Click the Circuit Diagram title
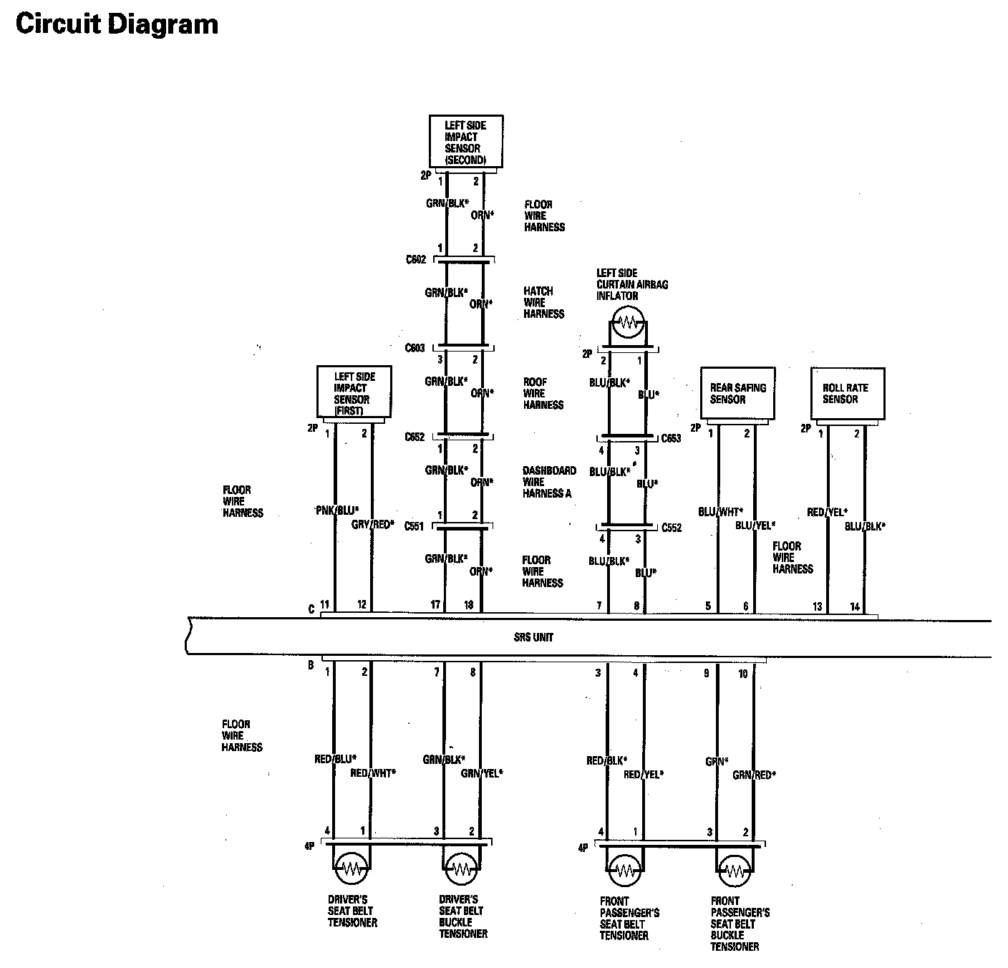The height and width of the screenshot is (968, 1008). tap(117, 24)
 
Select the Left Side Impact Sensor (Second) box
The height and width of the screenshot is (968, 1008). tap(465, 142)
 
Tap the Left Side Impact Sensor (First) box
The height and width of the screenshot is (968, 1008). tap(354, 392)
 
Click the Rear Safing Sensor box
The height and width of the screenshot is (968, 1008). tap(737, 393)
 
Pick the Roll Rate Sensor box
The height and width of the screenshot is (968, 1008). tap(847, 393)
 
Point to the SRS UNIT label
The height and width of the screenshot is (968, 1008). tap(533, 637)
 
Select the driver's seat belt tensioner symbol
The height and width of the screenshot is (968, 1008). tap(352, 869)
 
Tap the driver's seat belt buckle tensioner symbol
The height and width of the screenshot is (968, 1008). tap(460, 869)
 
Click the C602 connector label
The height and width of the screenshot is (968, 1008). tap(415, 259)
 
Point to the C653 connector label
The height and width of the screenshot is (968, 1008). tap(671, 438)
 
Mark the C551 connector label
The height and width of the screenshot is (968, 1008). tap(415, 526)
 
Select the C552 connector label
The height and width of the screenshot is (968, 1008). tap(672, 528)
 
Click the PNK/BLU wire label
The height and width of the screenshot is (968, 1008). tap(336, 510)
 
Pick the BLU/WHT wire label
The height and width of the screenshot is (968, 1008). tap(720, 511)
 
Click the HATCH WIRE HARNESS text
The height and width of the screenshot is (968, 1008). tap(543, 302)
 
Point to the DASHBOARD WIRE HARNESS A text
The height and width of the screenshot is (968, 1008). tap(548, 482)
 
